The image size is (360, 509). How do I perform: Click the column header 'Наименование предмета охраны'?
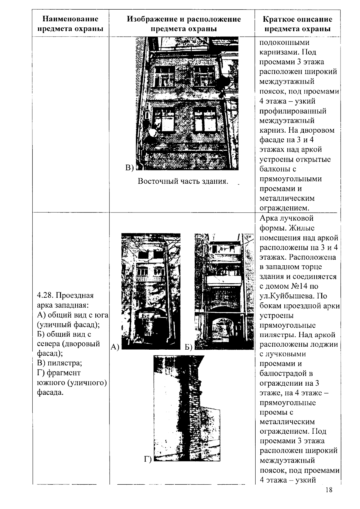70,24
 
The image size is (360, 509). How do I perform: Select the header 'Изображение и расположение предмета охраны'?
183,24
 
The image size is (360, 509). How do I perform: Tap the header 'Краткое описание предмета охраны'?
297,24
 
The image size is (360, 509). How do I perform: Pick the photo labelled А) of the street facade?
151,291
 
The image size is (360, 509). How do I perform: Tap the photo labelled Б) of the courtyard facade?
224,291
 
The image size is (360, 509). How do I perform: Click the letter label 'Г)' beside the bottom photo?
148,459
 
